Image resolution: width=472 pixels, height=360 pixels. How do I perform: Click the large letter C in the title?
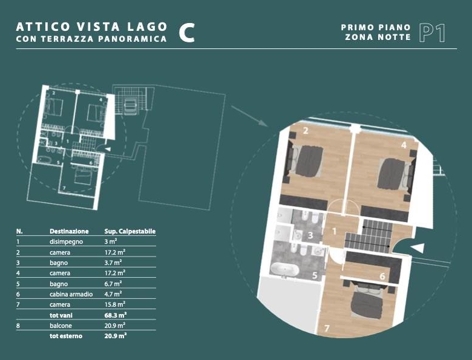coord(186,33)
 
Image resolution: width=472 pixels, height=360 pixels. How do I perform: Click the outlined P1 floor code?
coord(432,33)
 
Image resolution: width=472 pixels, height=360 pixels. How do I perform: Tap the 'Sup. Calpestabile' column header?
coord(129,231)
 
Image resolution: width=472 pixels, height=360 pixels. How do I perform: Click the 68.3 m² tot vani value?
coord(116,315)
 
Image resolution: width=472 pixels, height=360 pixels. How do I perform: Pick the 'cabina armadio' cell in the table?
coord(71,294)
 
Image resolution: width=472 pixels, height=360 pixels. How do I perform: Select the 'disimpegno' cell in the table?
coord(66,241)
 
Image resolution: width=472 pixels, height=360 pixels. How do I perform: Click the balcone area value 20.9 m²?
coord(115,326)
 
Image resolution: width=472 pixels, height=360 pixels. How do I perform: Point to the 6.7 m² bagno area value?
coord(113,284)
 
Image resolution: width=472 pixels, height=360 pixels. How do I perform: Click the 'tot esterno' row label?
coord(66,336)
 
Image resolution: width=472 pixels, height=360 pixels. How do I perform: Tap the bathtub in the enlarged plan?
coord(285,269)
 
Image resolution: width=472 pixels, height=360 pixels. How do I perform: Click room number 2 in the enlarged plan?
coord(306,131)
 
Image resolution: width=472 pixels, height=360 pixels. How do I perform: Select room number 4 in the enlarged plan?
coord(404,145)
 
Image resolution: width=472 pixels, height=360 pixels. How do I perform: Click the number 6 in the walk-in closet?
coord(382,277)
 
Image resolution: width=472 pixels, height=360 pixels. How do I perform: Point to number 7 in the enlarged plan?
coord(327,328)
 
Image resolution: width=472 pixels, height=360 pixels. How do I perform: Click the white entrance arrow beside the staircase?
coord(418,248)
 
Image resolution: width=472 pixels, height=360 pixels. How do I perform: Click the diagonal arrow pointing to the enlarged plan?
coord(249,116)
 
